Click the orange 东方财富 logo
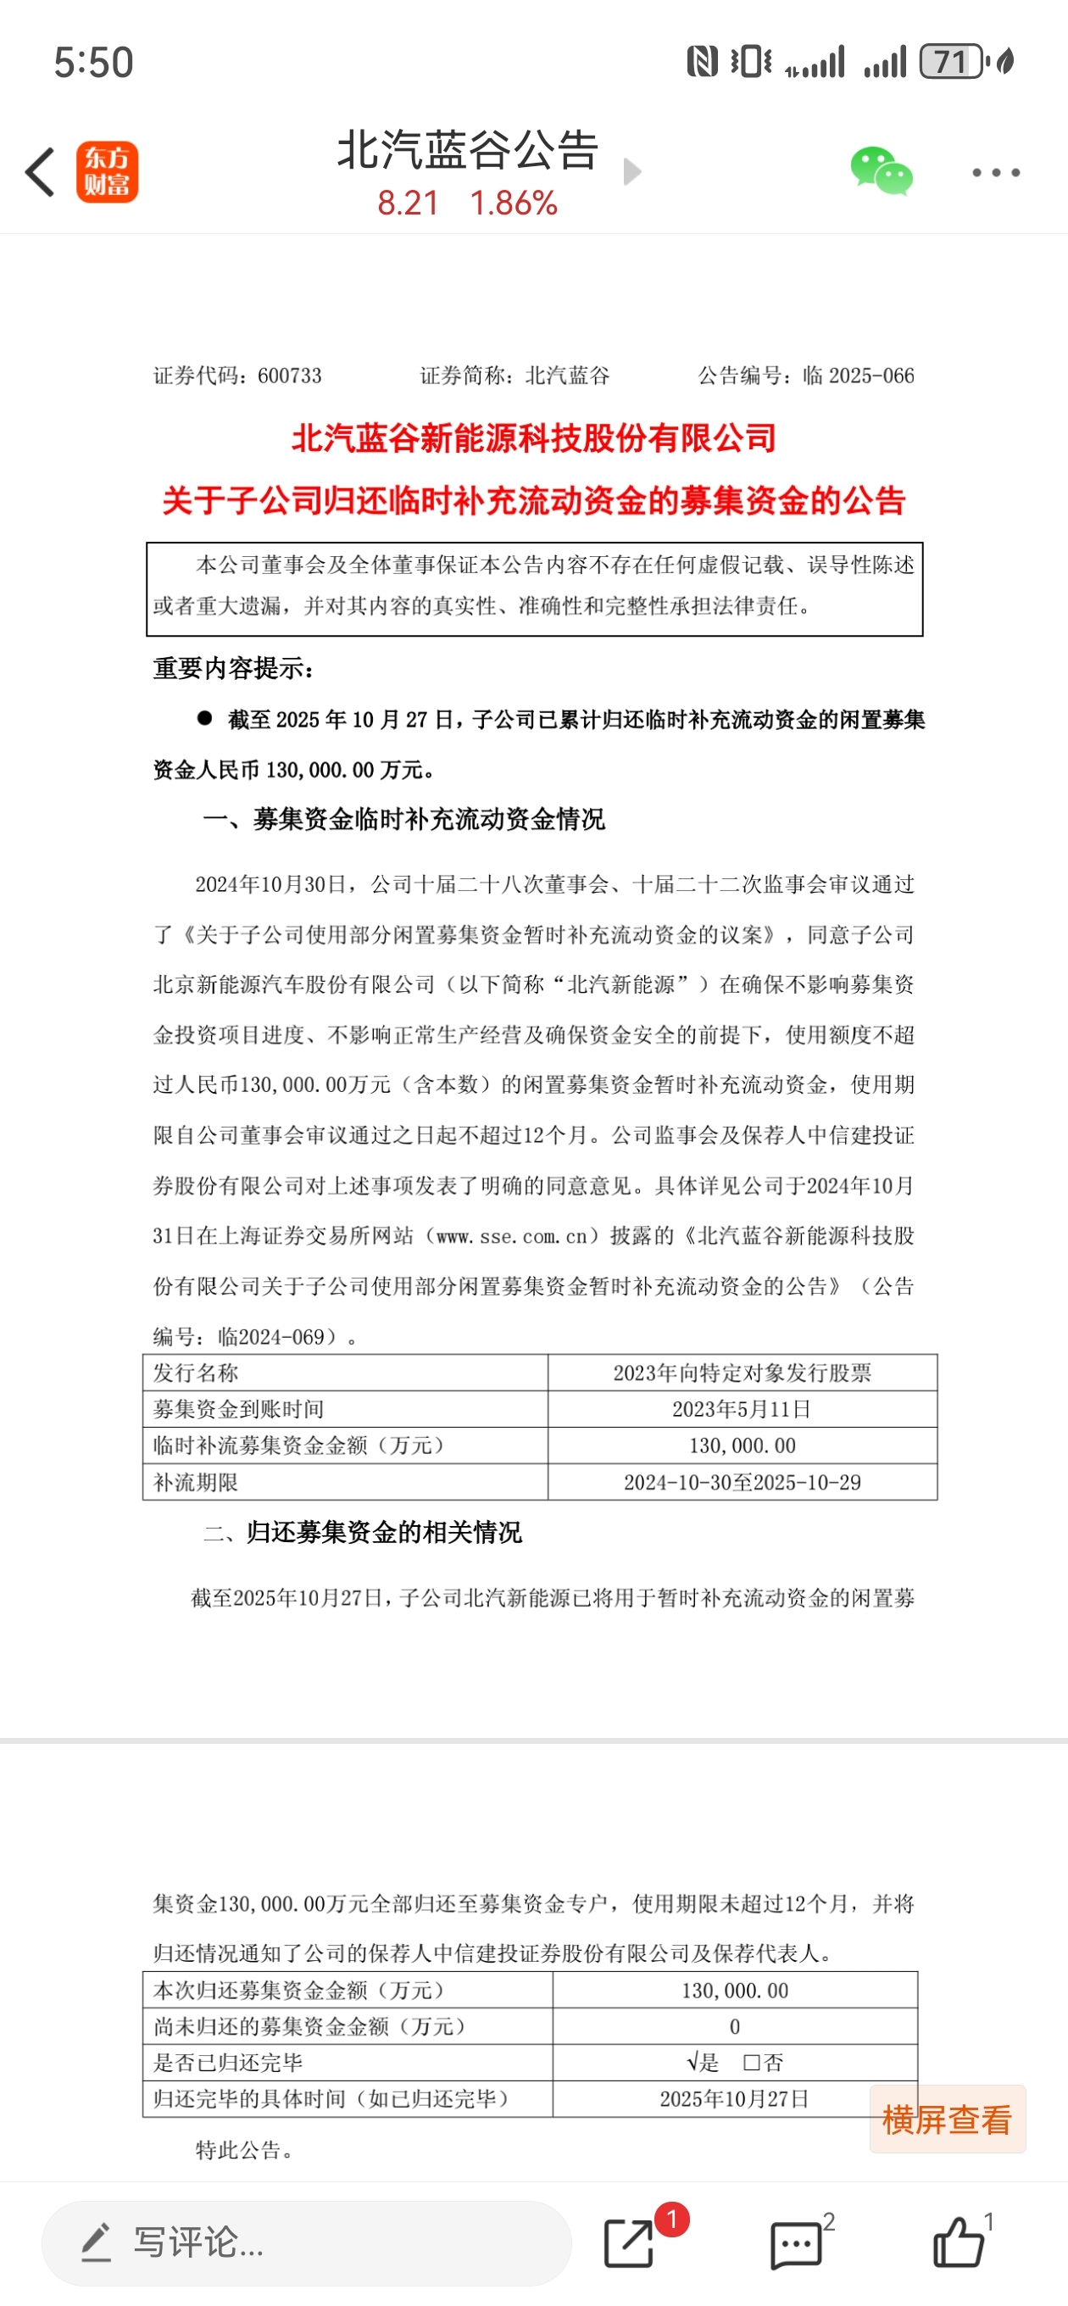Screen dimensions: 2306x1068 tap(108, 172)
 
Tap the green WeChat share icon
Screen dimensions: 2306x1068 tap(881, 171)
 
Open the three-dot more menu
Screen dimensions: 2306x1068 tap(995, 172)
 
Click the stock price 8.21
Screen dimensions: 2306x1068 tap(408, 204)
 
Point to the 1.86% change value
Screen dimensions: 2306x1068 tap(514, 204)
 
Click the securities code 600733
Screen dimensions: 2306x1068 tap(289, 376)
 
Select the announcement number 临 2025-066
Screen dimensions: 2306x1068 tap(858, 376)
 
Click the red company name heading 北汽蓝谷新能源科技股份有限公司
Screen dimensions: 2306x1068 tap(533, 438)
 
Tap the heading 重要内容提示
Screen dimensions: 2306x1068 tap(233, 669)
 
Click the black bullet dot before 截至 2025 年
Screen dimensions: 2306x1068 tap(205, 718)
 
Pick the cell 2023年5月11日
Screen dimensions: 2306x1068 tap(742, 1409)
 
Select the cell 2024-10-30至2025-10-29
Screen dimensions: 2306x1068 tap(742, 1483)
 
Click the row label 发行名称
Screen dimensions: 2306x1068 tap(196, 1373)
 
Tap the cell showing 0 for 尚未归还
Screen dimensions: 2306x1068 tap(734, 2027)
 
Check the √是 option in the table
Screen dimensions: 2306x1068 tap(703, 2063)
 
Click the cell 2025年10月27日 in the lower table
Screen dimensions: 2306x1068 tap(734, 2099)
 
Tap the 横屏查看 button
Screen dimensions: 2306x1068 tap(947, 2119)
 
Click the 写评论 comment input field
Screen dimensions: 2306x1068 tap(306, 2243)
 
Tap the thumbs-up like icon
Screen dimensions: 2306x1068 tap(958, 2243)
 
